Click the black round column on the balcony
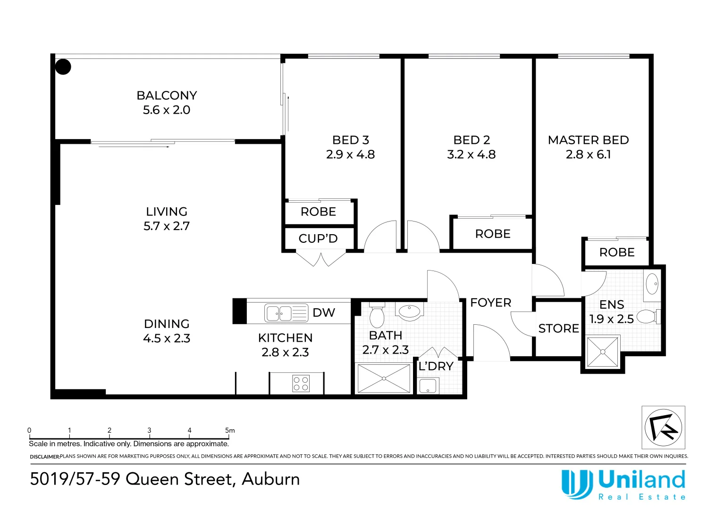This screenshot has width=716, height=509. click(x=63, y=67)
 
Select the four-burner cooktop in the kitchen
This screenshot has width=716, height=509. click(x=301, y=384)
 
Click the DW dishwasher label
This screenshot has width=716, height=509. click(x=324, y=313)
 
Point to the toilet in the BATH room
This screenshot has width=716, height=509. click(x=377, y=315)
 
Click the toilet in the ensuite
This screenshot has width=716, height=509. click(x=649, y=317)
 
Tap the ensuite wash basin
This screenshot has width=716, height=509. click(x=652, y=284)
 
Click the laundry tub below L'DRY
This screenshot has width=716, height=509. click(x=428, y=386)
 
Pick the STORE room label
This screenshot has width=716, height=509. click(x=558, y=328)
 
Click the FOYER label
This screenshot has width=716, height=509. click(x=491, y=303)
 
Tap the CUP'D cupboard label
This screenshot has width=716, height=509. click(x=318, y=238)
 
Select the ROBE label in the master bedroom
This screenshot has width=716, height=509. click(x=617, y=252)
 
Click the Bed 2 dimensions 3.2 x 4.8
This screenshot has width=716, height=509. click(x=471, y=155)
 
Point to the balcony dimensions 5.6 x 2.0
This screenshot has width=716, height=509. click(x=167, y=110)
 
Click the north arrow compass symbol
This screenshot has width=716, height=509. click(x=663, y=427)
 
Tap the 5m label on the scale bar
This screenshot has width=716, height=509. click(x=230, y=430)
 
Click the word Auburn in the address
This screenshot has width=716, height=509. click(x=271, y=479)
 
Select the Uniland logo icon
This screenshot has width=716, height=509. click(x=577, y=484)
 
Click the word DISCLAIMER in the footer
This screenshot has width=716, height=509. click(x=45, y=457)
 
